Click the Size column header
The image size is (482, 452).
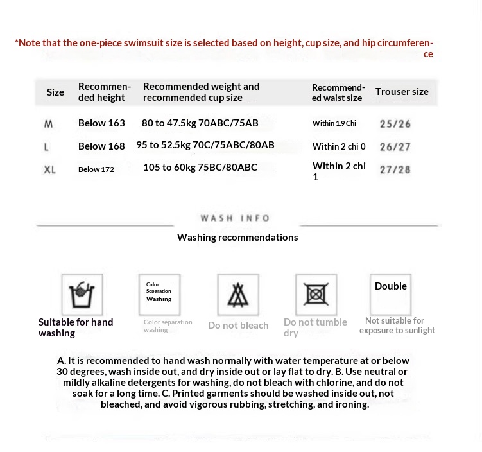55,92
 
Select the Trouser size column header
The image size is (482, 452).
402,92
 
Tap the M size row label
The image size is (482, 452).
49,123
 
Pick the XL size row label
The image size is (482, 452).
49,169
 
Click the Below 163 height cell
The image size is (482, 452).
101,123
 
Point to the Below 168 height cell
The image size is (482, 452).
101,146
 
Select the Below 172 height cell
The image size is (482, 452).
96,169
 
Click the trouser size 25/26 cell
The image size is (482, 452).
395,124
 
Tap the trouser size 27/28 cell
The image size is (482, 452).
395,169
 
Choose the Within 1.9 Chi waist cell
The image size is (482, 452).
334,123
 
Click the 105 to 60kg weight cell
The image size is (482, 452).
200,168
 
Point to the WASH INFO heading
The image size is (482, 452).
235,218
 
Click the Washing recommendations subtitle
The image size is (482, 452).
237,238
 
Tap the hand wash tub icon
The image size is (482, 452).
82,294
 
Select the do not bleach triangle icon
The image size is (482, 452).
238,295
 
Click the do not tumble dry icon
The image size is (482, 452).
316,295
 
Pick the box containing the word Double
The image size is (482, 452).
391,293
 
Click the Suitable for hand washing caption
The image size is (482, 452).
75,327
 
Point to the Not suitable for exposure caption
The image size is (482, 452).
397,326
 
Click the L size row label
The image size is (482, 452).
46,146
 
